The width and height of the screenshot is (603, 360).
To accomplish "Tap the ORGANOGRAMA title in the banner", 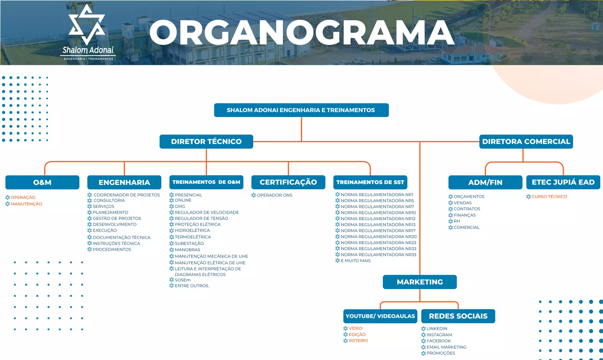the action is (x=302, y=32).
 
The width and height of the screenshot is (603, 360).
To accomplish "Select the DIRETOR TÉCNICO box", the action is (x=206, y=142).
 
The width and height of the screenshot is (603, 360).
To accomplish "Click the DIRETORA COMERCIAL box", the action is (x=526, y=142).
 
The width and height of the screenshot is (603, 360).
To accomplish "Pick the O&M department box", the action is (x=42, y=182).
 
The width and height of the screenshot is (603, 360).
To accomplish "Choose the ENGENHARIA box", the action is (x=124, y=182).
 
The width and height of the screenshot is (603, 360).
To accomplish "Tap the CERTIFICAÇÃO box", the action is (x=288, y=182).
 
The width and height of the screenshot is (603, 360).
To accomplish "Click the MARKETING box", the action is (x=420, y=282).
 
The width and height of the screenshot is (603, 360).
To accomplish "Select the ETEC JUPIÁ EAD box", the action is (x=563, y=182).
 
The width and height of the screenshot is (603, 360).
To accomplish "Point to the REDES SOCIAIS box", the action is (x=458, y=316).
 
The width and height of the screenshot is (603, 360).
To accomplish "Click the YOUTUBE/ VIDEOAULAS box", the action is (x=380, y=316).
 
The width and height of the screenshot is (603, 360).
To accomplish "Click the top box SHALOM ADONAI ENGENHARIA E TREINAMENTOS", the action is (x=301, y=110).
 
